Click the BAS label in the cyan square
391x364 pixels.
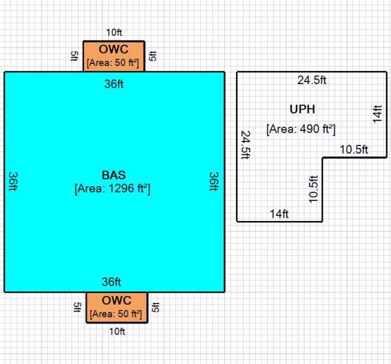pyautogui.click(x=113, y=175)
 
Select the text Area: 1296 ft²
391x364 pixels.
pyautogui.click(x=113, y=189)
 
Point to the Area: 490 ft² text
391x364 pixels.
pyautogui.click(x=300, y=129)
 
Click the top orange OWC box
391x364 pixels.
pyautogui.click(x=113, y=55)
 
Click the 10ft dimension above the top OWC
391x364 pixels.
pyautogui.click(x=113, y=31)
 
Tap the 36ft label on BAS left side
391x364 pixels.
pyautogui.click(x=13, y=181)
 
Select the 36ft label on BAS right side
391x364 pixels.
pyautogui.click(x=214, y=181)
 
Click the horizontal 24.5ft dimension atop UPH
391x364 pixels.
pyautogui.click(x=312, y=81)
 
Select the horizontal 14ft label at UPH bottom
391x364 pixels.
pyautogui.click(x=280, y=213)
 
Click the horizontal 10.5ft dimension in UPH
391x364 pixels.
pyautogui.click(x=354, y=149)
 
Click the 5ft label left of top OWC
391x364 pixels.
pyautogui.click(x=75, y=56)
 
